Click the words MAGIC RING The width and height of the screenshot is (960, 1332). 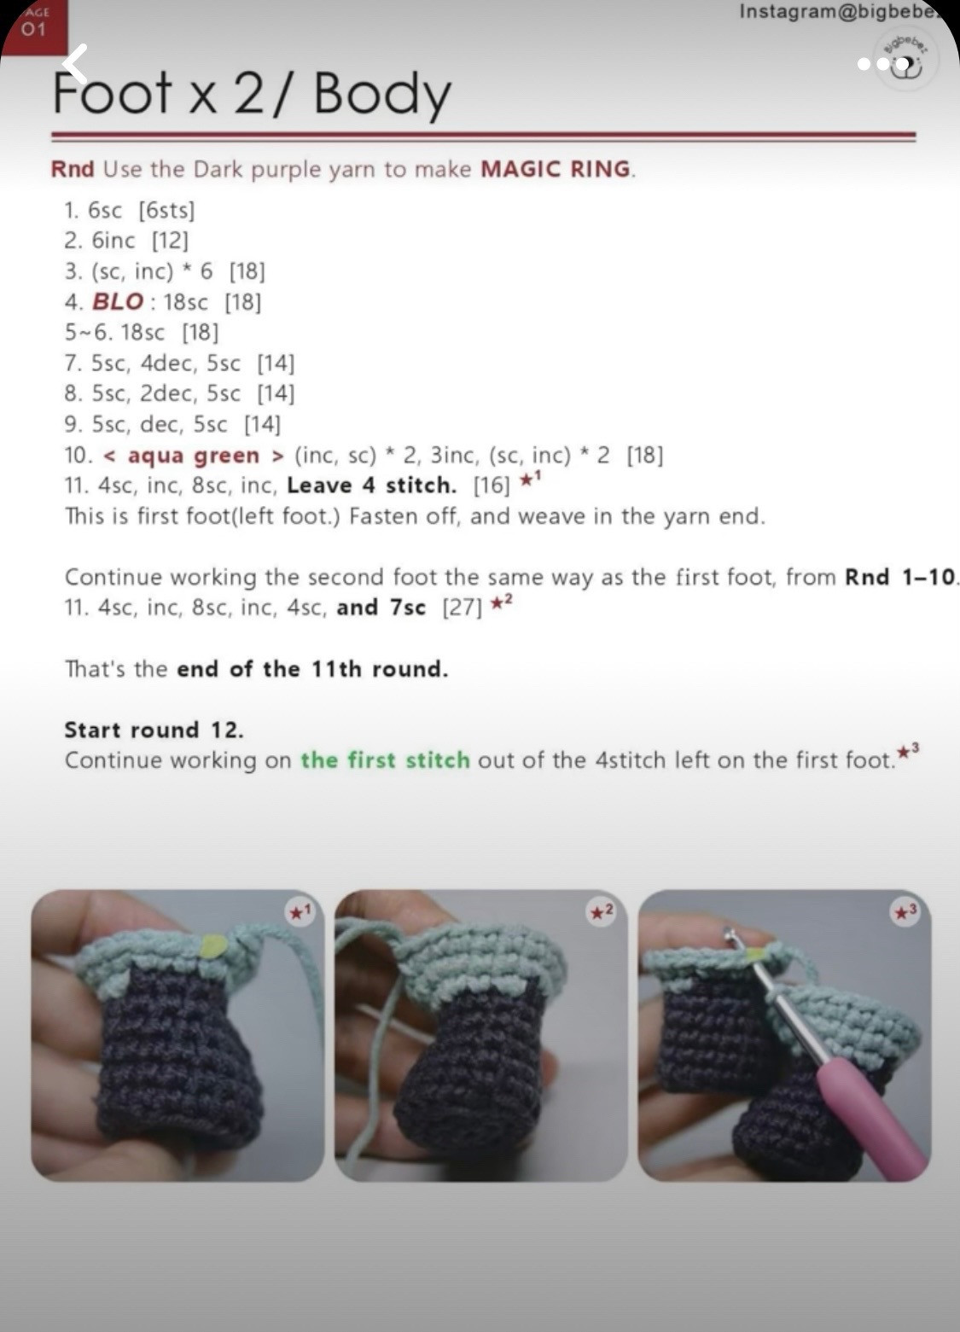coord(555,170)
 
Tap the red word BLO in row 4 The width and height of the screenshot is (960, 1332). coord(118,301)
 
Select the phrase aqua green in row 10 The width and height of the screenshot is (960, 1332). coord(194,456)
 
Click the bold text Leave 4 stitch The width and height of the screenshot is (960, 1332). coord(372,486)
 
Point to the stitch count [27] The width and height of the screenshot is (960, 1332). coord(463,608)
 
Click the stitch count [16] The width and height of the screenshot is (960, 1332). coord(492,486)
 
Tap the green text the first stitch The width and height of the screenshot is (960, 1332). coord(385,760)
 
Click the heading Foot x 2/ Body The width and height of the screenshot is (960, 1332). coord(253,94)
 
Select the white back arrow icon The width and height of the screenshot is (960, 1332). coord(76,64)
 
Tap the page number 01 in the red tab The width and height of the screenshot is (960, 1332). coord(33,28)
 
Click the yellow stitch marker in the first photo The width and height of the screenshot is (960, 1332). coord(214,944)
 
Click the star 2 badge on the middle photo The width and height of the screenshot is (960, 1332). coord(601,911)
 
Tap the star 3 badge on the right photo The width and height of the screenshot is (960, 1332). coord(905,911)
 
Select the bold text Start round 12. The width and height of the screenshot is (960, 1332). coord(154,730)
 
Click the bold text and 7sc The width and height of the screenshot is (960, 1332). coord(381,608)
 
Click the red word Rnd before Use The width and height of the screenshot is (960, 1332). coord(73,169)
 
